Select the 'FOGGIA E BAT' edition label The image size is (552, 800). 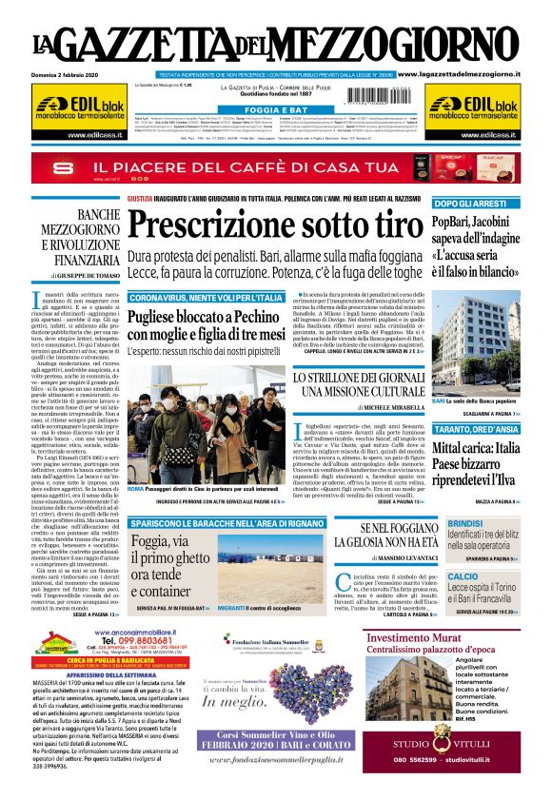(276, 110)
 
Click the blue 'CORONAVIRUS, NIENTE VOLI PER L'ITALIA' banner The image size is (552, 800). (207, 298)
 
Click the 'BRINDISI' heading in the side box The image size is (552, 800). (465, 524)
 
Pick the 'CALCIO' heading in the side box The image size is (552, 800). (463, 576)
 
